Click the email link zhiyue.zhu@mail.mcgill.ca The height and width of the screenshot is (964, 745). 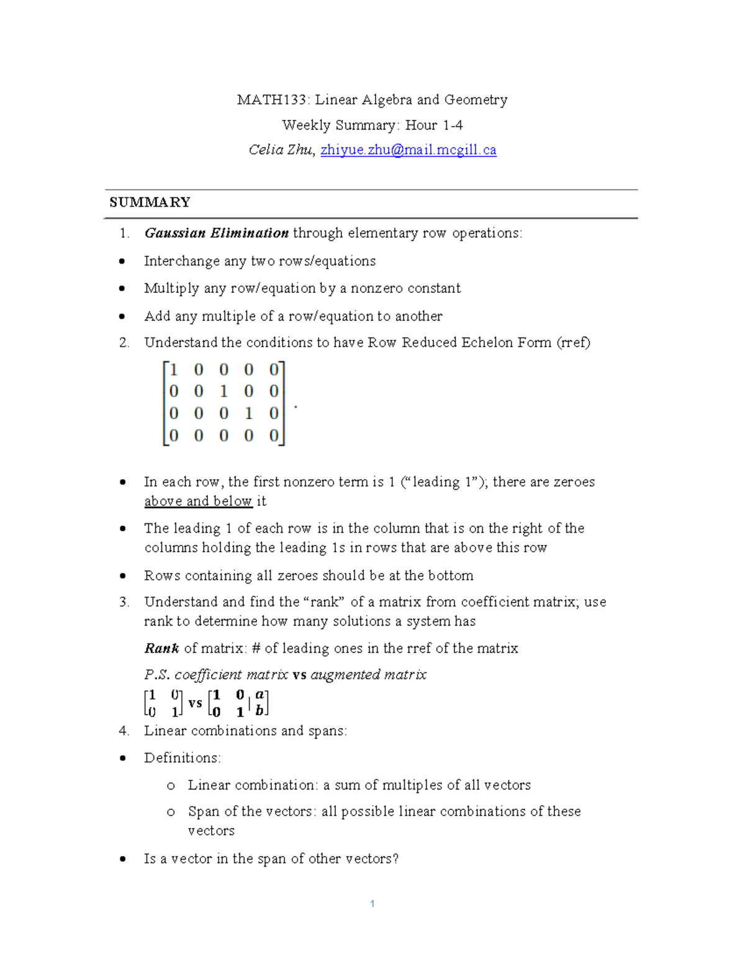point(408,150)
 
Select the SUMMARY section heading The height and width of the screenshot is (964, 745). point(150,202)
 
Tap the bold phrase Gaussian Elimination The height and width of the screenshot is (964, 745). point(216,233)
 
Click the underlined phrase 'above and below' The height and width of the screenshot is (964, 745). point(198,502)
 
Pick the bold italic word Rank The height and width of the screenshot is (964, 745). point(161,649)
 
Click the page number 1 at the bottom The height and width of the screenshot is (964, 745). point(372,904)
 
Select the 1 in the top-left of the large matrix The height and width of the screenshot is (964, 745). point(174,370)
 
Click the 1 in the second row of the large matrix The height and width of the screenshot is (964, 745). point(223,392)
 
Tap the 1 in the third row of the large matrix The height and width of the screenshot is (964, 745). point(248,413)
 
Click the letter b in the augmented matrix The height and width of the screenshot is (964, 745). point(260,711)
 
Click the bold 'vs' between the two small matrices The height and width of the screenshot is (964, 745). point(195,703)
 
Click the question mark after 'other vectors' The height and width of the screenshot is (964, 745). point(395,859)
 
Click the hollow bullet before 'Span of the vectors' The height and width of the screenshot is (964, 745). point(171,813)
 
